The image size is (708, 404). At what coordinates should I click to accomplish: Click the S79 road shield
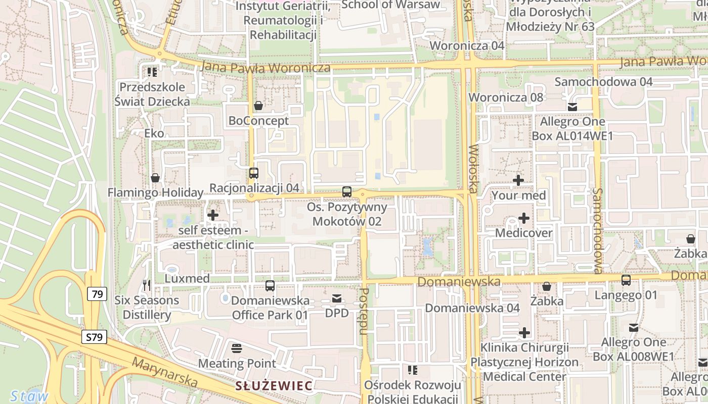[x=94, y=337]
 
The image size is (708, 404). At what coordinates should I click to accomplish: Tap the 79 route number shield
[x=97, y=293]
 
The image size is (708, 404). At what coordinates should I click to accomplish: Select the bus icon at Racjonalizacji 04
[x=254, y=173]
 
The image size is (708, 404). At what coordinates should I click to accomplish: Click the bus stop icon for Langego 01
[x=626, y=280]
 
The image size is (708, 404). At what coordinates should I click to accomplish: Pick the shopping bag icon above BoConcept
[x=258, y=106]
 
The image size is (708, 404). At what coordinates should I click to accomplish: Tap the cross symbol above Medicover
[x=524, y=218]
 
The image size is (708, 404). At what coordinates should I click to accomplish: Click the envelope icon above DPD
[x=337, y=298]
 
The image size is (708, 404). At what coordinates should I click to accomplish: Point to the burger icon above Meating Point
[x=236, y=348]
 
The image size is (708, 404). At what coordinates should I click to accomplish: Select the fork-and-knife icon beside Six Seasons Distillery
[x=147, y=285]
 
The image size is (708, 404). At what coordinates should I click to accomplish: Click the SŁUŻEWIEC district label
[x=274, y=386]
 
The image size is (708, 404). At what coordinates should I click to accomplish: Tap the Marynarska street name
[x=164, y=373]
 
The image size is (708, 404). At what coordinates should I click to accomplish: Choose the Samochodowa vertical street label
[x=598, y=231]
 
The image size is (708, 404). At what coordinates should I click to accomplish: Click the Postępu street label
[x=363, y=312]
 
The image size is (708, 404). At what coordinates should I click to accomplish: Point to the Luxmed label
[x=187, y=278]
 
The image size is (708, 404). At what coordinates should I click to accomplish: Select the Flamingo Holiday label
[x=155, y=192]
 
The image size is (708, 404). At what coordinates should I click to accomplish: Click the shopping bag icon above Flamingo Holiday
[x=155, y=178]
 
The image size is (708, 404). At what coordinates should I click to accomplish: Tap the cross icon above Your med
[x=518, y=180]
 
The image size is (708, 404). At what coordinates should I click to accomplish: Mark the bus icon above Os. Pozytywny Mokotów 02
[x=346, y=192]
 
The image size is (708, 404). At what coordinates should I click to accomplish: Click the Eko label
[x=154, y=133]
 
